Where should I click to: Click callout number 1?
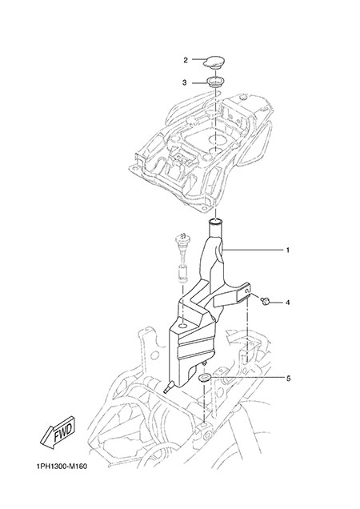point(288,250)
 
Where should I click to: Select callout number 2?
point(186,60)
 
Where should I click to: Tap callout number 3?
point(184,82)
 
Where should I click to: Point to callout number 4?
point(288,303)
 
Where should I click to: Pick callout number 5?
point(288,379)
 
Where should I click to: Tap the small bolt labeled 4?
point(265,301)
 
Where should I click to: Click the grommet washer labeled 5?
point(205,378)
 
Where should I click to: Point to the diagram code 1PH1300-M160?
point(62,467)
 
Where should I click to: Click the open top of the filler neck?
point(215,222)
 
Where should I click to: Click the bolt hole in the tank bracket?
point(248,291)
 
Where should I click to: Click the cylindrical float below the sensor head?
point(182,273)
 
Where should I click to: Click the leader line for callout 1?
point(252,250)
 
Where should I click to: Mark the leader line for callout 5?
point(246,378)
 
